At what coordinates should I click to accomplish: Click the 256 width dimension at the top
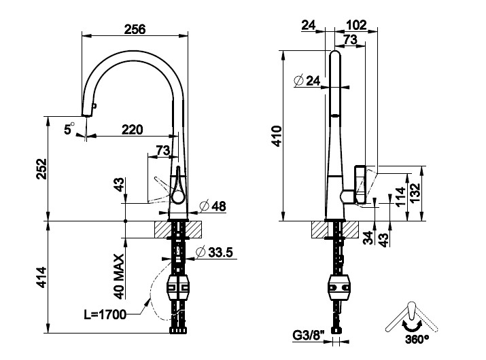coord(135,28)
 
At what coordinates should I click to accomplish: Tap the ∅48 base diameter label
coord(213,206)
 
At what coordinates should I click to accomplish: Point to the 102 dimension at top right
coord(355,25)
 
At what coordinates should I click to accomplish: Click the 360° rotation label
coord(418,338)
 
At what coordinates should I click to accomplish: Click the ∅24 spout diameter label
coord(307,81)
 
